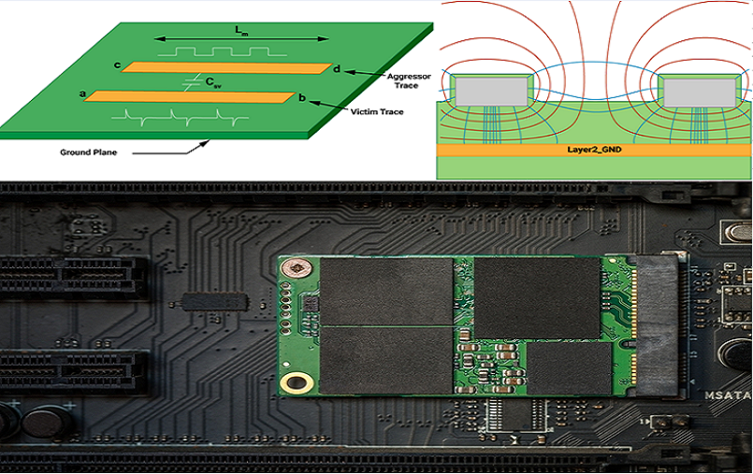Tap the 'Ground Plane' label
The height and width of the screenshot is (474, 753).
click(88, 151)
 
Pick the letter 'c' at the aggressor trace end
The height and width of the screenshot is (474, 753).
click(116, 65)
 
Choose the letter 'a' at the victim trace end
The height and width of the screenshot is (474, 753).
click(83, 93)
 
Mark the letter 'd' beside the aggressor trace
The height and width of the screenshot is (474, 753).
click(337, 70)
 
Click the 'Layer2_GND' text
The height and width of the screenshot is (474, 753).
click(596, 150)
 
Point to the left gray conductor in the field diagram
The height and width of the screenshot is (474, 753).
click(492, 91)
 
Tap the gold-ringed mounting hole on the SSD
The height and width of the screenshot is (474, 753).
click(298, 381)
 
